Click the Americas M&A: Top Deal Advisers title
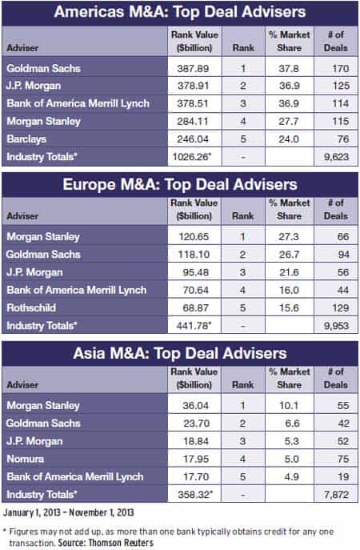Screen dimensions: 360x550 180,11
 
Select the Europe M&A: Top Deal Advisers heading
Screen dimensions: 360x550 180,184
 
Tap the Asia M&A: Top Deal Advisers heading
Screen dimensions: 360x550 180,353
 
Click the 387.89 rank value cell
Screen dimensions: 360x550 193,68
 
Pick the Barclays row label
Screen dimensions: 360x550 26,139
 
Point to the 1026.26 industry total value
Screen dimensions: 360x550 192,156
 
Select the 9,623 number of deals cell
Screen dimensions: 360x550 336,156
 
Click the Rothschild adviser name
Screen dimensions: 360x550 31,307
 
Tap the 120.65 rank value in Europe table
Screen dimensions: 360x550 194,236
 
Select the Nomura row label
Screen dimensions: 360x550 26,459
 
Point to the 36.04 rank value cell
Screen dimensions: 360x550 195,405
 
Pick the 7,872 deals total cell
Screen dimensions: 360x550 336,495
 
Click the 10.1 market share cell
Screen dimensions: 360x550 289,405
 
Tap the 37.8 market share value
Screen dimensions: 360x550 289,68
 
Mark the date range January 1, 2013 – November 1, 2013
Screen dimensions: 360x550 69,512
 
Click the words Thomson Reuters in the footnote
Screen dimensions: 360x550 121,543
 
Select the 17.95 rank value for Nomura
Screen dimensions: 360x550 196,459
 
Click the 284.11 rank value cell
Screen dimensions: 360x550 193,122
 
